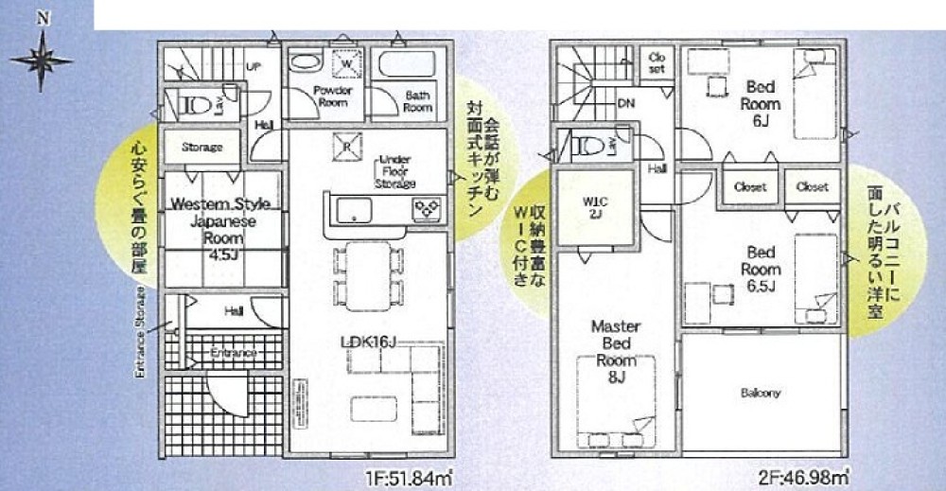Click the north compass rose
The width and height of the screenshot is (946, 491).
coord(41,59)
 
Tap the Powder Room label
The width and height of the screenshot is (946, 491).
coord(333,96)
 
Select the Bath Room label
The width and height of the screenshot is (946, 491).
coord(418,100)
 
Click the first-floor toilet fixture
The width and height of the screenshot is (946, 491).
coord(191,104)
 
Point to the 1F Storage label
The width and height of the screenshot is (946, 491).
coord(201,148)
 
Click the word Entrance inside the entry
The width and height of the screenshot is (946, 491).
coord(234,353)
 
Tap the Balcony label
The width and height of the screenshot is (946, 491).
coord(761,393)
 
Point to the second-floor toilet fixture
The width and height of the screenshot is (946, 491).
coord(587,146)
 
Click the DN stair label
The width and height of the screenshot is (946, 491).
coord(625,102)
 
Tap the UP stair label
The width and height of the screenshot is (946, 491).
coord(253,67)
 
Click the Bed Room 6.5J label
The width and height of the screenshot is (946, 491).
coord(762,269)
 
